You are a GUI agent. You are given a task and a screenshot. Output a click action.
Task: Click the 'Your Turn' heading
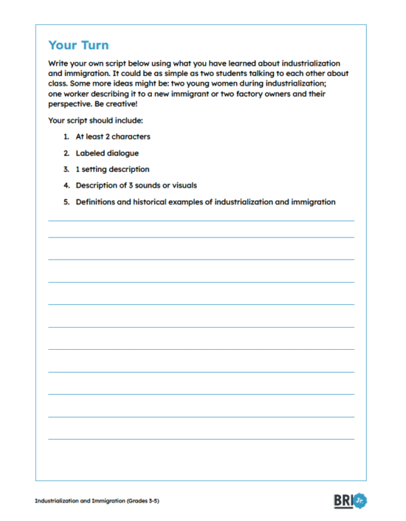pyautogui.click(x=78, y=45)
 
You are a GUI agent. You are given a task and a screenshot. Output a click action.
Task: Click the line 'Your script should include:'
pyautogui.click(x=95, y=120)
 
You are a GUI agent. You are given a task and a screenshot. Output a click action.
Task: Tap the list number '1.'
pyautogui.click(x=66, y=137)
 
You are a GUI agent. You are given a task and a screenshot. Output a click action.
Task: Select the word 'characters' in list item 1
pyautogui.click(x=130, y=137)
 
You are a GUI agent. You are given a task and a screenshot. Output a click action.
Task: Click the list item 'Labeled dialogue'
pyautogui.click(x=107, y=153)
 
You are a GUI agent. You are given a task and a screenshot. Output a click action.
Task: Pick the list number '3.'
pyautogui.click(x=66, y=169)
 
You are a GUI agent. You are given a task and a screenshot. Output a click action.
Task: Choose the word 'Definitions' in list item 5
pyautogui.click(x=97, y=201)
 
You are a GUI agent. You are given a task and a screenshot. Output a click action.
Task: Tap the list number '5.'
pyautogui.click(x=66, y=201)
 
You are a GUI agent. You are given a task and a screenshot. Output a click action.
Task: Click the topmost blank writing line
pyautogui.click(x=201, y=220)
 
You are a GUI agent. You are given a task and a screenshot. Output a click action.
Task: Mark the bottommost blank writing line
pyautogui.click(x=201, y=439)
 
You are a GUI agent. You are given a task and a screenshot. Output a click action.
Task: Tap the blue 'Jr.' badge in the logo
pyautogui.click(x=360, y=500)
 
